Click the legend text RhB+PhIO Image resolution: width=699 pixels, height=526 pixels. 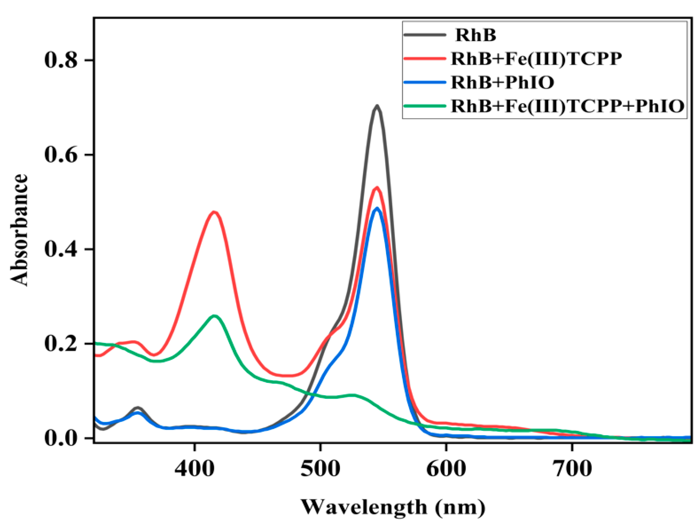pos(502,83)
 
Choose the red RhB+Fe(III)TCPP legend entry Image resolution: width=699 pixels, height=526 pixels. pos(536,59)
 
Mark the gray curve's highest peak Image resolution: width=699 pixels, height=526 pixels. pos(377,106)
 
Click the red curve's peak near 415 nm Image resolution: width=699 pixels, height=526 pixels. pos(214,212)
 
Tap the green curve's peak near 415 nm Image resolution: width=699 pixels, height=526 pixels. pos(214,316)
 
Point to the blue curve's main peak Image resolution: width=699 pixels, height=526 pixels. pos(377,208)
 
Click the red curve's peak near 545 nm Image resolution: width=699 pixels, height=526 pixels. pos(377,187)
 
